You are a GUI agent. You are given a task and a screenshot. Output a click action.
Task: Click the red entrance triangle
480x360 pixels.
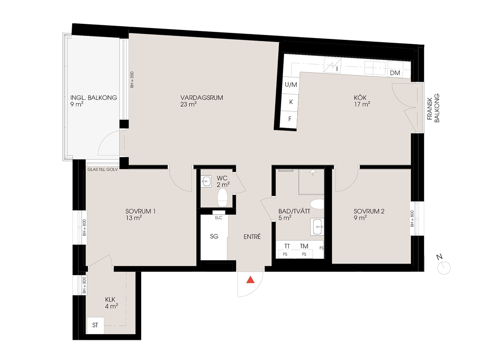(251, 280)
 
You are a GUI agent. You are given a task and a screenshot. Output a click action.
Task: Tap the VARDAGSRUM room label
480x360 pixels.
(202, 97)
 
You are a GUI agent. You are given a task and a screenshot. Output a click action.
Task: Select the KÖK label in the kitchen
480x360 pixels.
(360, 97)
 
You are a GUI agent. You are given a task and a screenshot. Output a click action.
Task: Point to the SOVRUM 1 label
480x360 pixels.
(140, 211)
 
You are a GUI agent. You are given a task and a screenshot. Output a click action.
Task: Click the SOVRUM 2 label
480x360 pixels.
(369, 211)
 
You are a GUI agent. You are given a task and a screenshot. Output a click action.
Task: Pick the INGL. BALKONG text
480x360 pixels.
(94, 97)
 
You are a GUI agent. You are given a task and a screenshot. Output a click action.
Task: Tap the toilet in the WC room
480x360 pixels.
(222, 197)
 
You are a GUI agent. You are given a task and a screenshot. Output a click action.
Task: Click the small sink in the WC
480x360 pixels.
(206, 181)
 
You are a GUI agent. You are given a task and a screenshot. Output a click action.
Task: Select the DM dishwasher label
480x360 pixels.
(395, 73)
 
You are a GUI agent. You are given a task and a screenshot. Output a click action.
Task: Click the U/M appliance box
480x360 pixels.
(290, 85)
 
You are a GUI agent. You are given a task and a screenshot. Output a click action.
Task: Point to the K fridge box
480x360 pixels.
(290, 102)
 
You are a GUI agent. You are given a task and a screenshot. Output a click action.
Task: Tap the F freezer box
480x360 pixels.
(290, 119)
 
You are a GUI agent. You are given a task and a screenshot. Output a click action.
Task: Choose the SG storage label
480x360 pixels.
(214, 236)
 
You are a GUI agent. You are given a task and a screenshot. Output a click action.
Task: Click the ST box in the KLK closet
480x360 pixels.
(95, 325)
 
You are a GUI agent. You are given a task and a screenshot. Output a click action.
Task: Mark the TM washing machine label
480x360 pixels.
(304, 246)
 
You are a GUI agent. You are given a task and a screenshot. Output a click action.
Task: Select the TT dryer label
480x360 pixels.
(287, 246)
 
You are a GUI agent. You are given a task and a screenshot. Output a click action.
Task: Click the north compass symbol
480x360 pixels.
(443, 265)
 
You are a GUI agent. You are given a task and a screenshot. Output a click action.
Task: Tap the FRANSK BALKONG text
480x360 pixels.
(434, 108)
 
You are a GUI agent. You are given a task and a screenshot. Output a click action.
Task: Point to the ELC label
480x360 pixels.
(218, 217)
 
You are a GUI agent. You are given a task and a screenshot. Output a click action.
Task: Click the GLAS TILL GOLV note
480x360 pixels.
(103, 169)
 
